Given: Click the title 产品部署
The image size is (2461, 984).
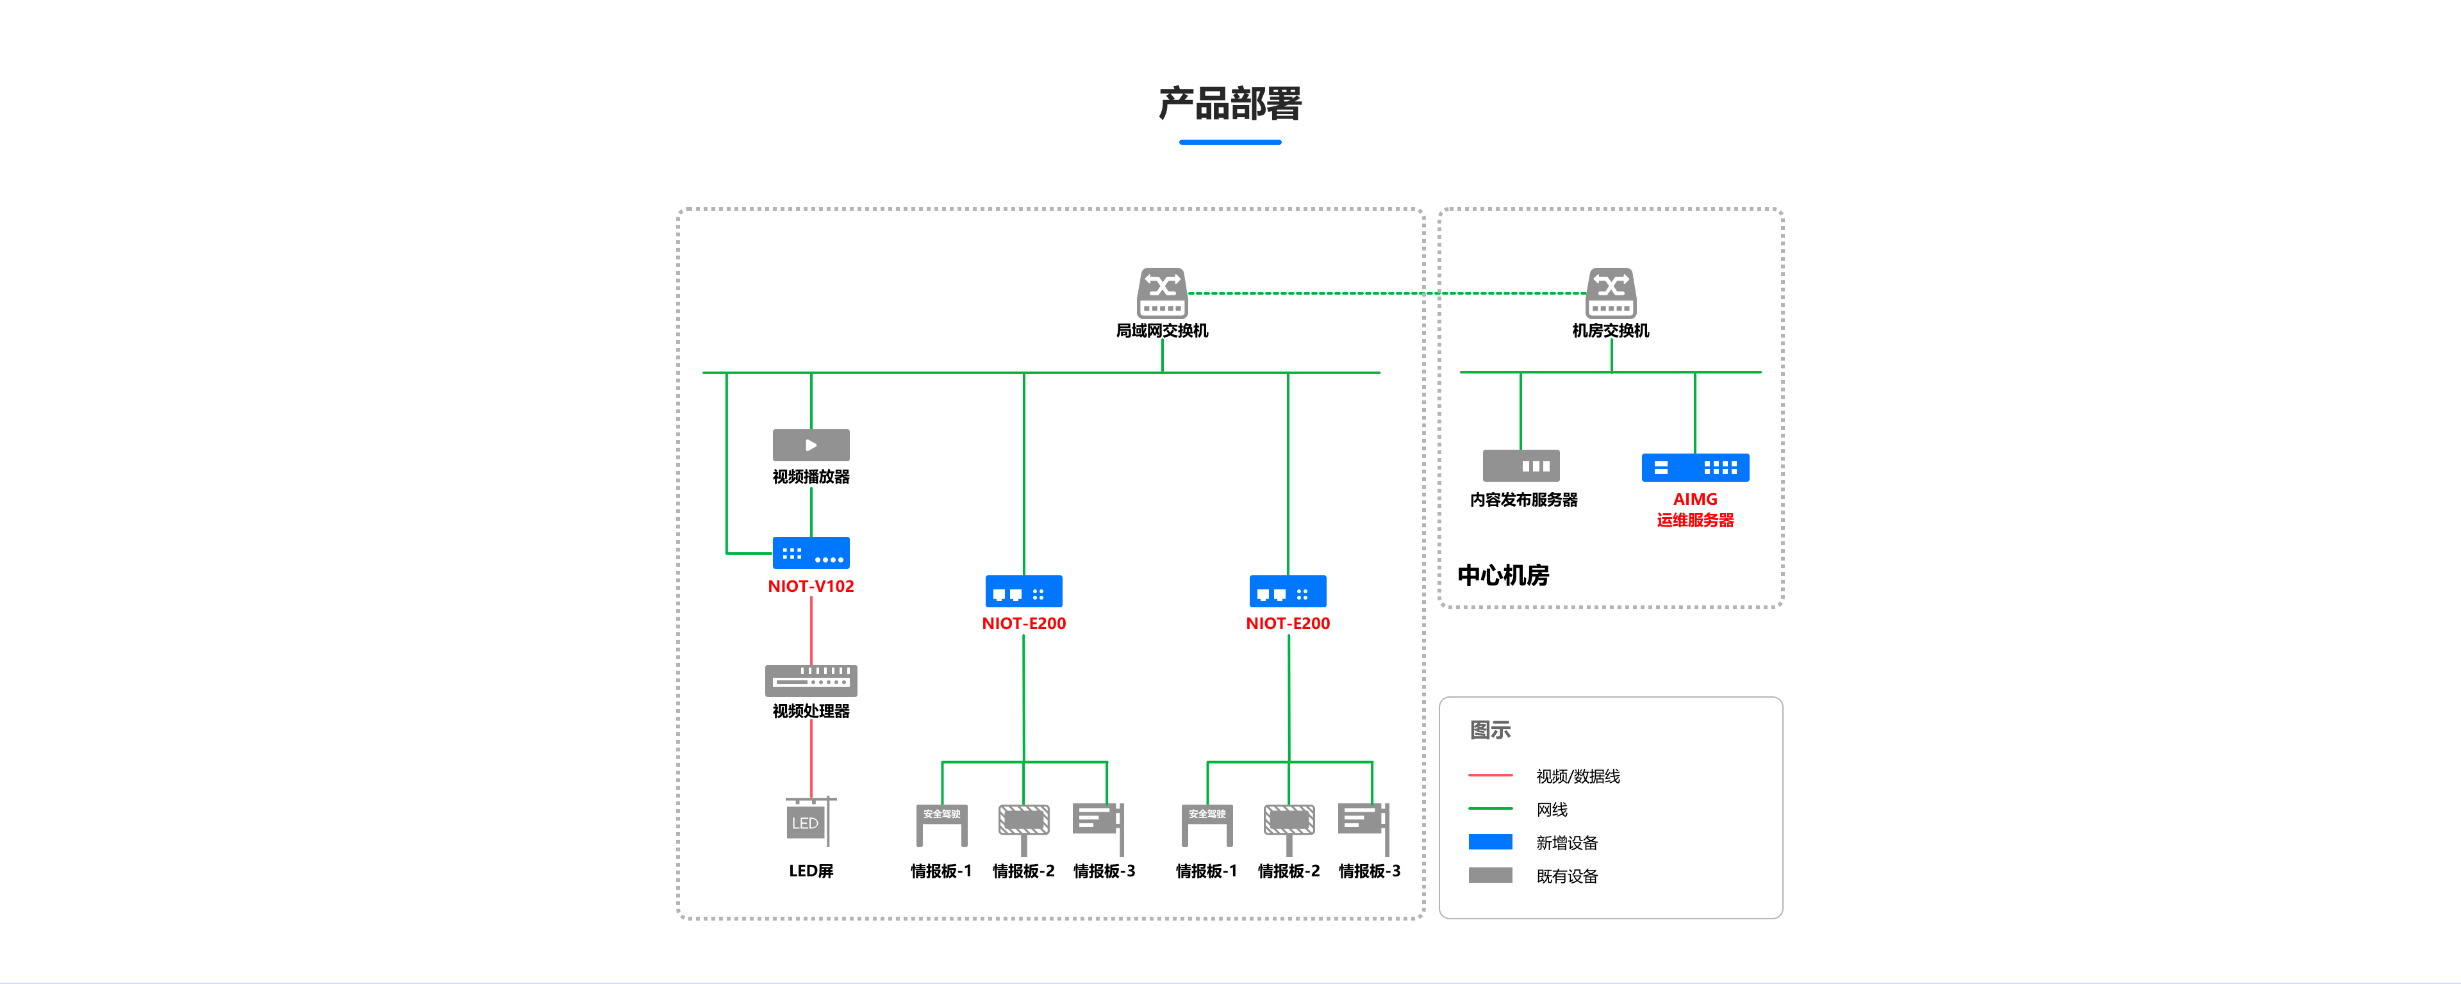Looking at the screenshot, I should tap(1230, 103).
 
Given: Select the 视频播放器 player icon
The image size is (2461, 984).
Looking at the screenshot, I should tap(811, 445).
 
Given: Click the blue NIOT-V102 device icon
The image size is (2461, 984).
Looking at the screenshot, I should tap(811, 553).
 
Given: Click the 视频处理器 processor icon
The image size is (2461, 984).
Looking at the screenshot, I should tap(811, 680).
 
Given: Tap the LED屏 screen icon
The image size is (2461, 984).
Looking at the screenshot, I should tap(808, 821).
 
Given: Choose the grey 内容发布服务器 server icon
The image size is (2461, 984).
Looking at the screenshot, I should tap(1521, 466).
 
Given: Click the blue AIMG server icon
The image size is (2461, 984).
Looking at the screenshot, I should tap(1695, 467).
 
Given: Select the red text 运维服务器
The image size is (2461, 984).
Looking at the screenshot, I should tap(1695, 521).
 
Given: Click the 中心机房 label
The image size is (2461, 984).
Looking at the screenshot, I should tap(1503, 575).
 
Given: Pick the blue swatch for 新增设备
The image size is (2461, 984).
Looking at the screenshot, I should tap(1490, 842).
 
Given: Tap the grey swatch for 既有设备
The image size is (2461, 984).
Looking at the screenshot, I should tap(1490, 876).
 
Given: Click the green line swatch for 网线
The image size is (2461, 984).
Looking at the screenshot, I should tap(1490, 809).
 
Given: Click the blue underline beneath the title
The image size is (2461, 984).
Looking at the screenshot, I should tap(1230, 142).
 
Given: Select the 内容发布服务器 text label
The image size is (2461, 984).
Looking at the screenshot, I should tap(1524, 500).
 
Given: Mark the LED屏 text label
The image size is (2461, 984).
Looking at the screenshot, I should tap(811, 871).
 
